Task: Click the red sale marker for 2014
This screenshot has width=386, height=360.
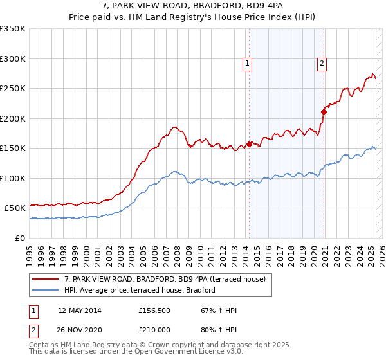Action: click(x=249, y=144)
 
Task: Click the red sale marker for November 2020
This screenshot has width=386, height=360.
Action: click(x=324, y=112)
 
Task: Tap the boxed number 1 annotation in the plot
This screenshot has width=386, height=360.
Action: click(x=247, y=63)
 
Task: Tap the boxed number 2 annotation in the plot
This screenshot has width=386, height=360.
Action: click(x=322, y=63)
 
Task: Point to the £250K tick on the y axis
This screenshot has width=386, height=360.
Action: click(x=13, y=89)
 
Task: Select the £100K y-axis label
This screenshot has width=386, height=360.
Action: click(x=13, y=178)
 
